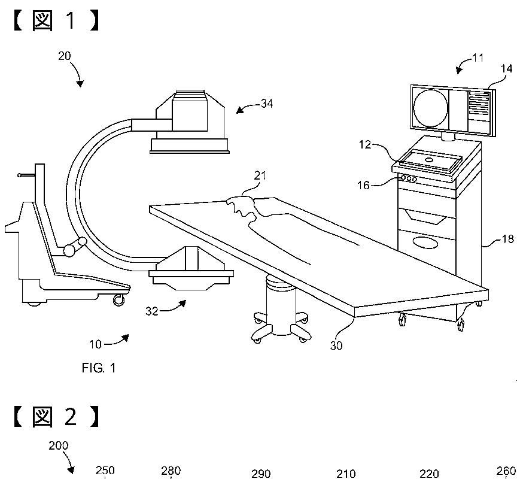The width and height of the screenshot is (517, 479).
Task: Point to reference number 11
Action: pyautogui.click(x=478, y=57)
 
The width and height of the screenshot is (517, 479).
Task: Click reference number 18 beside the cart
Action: pyautogui.click(x=507, y=239)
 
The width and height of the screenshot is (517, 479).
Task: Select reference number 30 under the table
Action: pyautogui.click(x=337, y=345)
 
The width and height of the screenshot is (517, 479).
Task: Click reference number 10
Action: pyautogui.click(x=95, y=344)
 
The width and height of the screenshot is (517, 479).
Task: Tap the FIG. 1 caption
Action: pyautogui.click(x=99, y=368)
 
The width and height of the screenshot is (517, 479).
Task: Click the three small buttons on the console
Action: pyautogui.click(x=410, y=178)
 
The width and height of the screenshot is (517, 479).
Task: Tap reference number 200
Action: pyautogui.click(x=59, y=445)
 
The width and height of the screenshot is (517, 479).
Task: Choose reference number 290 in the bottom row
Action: pyautogui.click(x=261, y=474)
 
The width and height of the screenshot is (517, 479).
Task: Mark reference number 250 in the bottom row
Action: pyautogui.click(x=105, y=471)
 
